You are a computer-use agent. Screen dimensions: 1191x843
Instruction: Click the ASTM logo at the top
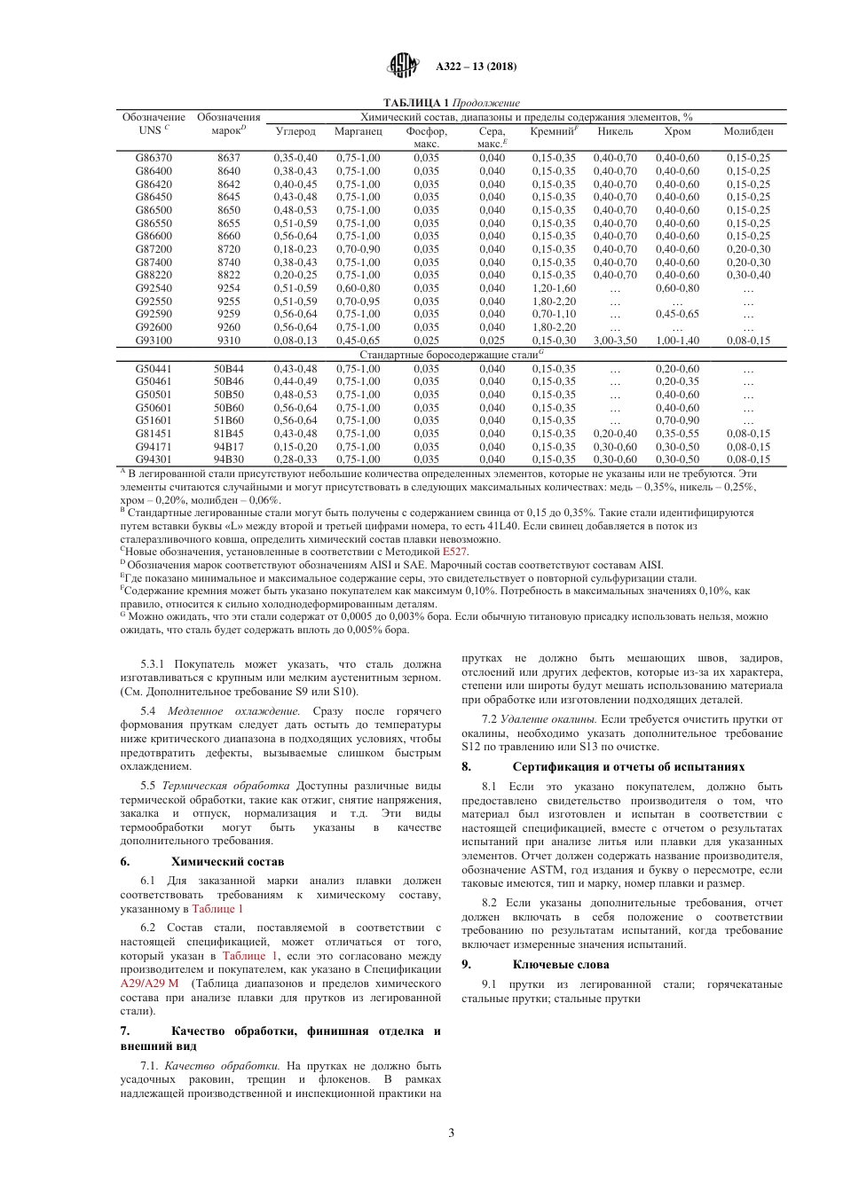[403, 66]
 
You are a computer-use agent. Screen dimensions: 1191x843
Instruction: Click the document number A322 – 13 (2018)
[476, 67]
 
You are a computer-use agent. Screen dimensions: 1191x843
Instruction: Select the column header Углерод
[295, 131]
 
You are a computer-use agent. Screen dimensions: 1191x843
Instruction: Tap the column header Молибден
[748, 131]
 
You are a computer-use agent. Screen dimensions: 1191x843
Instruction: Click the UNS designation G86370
[154, 158]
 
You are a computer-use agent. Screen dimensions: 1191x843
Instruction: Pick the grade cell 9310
[228, 341]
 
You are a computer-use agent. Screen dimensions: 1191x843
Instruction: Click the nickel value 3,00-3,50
[615, 341]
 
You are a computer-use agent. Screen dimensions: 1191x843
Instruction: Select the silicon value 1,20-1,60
[553, 288]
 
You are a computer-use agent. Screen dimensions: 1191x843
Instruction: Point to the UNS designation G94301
[154, 459]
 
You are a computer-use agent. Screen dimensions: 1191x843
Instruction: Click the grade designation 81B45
[228, 434]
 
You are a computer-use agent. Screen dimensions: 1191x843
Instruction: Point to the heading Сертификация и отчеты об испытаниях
[628, 766]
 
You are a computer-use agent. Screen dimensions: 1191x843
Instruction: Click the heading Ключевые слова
[561, 964]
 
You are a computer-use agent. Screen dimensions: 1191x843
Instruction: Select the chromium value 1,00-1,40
[677, 341]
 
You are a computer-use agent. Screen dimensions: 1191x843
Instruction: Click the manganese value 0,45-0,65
[358, 341]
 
